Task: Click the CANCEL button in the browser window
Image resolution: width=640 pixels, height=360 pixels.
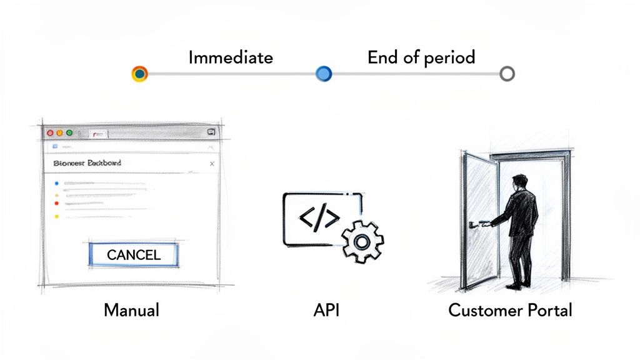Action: (x=134, y=254)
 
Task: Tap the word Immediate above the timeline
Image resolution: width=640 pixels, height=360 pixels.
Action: (x=231, y=58)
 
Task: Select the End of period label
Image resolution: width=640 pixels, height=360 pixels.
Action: (x=421, y=58)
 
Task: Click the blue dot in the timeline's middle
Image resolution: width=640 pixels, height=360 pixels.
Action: (x=324, y=74)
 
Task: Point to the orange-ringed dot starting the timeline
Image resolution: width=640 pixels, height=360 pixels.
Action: (x=140, y=74)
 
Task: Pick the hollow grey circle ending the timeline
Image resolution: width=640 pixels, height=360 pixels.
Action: (x=507, y=74)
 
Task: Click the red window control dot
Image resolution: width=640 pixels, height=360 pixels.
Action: (x=51, y=132)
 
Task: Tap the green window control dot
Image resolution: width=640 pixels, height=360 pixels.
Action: (x=69, y=132)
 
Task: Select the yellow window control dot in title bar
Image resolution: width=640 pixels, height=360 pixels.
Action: (x=60, y=132)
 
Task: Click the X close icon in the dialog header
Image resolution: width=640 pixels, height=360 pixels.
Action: (x=211, y=164)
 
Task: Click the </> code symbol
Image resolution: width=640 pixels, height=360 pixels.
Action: (x=320, y=217)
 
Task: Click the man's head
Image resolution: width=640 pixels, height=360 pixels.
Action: (x=519, y=183)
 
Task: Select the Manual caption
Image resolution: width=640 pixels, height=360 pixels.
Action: (x=131, y=310)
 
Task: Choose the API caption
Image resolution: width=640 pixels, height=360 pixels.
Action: (x=326, y=310)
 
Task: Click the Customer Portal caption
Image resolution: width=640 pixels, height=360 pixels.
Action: (x=510, y=310)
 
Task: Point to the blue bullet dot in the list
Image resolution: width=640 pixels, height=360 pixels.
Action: (x=56, y=184)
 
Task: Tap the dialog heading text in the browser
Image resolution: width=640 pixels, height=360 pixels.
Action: (x=87, y=163)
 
